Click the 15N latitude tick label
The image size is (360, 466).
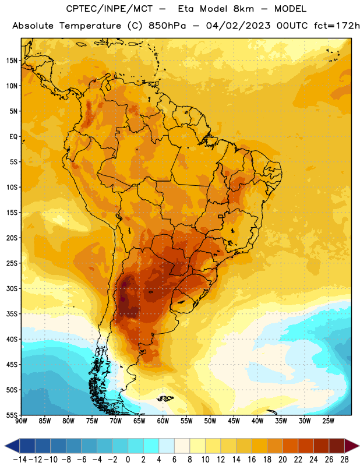click(12, 61)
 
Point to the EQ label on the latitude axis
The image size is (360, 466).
click(13, 137)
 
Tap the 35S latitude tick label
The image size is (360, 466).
click(12, 314)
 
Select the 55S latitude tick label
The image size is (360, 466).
click(12, 415)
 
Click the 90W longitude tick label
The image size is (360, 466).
click(21, 421)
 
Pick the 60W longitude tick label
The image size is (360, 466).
click(163, 421)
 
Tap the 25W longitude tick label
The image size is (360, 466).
click(328, 421)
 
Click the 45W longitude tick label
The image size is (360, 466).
click(234, 421)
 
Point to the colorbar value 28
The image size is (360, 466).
click(344, 460)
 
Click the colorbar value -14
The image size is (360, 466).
click(20, 460)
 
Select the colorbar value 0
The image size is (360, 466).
click(128, 460)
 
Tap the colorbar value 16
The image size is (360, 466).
click(252, 460)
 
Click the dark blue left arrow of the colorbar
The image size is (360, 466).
click(12, 446)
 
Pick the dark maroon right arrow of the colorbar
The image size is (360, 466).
click(352, 446)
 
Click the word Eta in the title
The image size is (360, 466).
click(186, 9)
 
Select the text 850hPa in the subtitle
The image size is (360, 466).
click(167, 26)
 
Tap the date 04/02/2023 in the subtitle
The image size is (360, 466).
click(238, 26)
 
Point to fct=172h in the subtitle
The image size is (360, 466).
click(337, 26)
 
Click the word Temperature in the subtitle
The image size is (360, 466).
click(90, 26)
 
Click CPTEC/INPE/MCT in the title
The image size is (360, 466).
click(110, 9)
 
